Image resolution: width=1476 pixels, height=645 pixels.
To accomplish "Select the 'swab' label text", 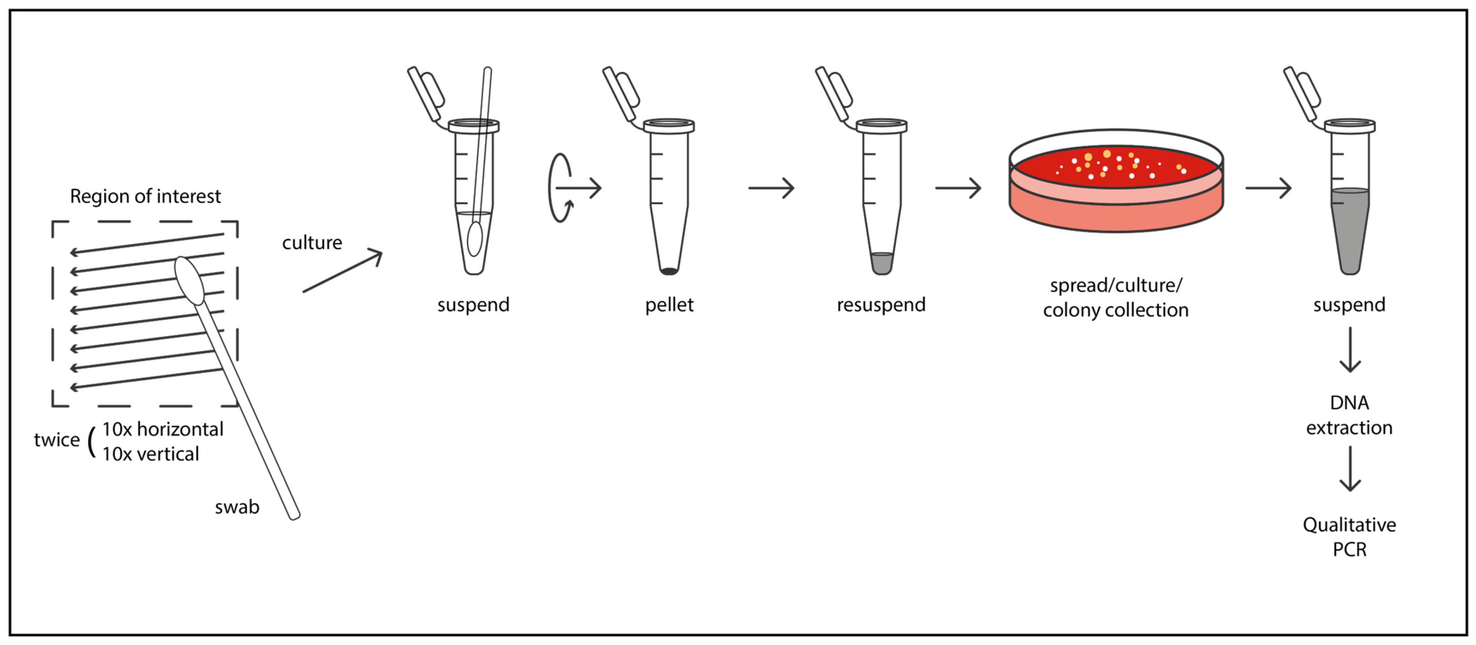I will [x=236, y=507].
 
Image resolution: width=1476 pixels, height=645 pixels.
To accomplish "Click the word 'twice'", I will [x=57, y=440].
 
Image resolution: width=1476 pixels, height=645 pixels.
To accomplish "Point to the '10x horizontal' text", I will [x=163, y=429].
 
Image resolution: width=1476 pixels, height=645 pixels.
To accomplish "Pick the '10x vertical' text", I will [x=151, y=454].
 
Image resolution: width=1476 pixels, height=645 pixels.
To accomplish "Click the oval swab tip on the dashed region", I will [x=189, y=280].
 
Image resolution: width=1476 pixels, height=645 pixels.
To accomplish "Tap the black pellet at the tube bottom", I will [x=669, y=271].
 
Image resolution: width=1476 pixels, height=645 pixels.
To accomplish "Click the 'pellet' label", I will [x=669, y=305].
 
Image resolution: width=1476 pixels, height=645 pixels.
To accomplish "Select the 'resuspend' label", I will [x=881, y=305].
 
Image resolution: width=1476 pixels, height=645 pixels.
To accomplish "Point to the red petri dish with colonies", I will [x=1115, y=180].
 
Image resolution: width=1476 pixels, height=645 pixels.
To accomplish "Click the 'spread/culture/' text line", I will [x=1115, y=285].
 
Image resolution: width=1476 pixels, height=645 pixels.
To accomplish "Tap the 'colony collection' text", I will [x=1115, y=310].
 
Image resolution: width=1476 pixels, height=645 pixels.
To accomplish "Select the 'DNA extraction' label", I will [x=1349, y=415].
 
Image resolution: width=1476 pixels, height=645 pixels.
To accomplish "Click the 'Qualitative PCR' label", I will [x=1349, y=537].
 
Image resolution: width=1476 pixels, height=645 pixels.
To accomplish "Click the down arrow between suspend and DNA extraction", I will [x=1350, y=350].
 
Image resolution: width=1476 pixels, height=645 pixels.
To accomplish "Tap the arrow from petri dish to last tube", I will [x=1268, y=188].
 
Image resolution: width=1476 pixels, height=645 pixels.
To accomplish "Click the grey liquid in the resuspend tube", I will [x=881, y=263].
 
